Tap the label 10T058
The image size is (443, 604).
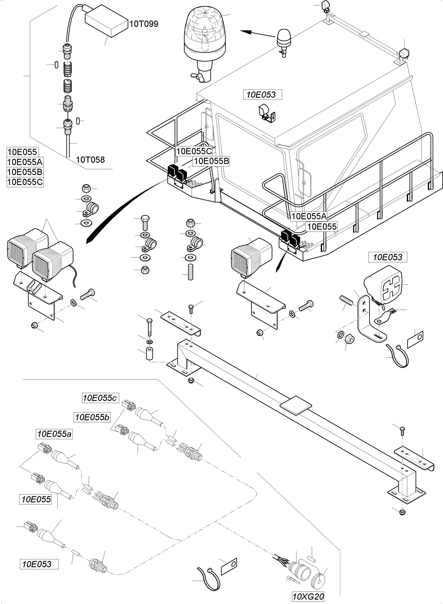90,160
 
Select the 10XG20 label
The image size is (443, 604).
308,597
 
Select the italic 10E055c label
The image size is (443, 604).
100,398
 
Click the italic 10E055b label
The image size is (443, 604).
92,417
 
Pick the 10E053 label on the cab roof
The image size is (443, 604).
261,95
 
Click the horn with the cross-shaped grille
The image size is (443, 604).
384,284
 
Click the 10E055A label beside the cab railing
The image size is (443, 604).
309,216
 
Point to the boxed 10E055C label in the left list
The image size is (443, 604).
25,182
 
